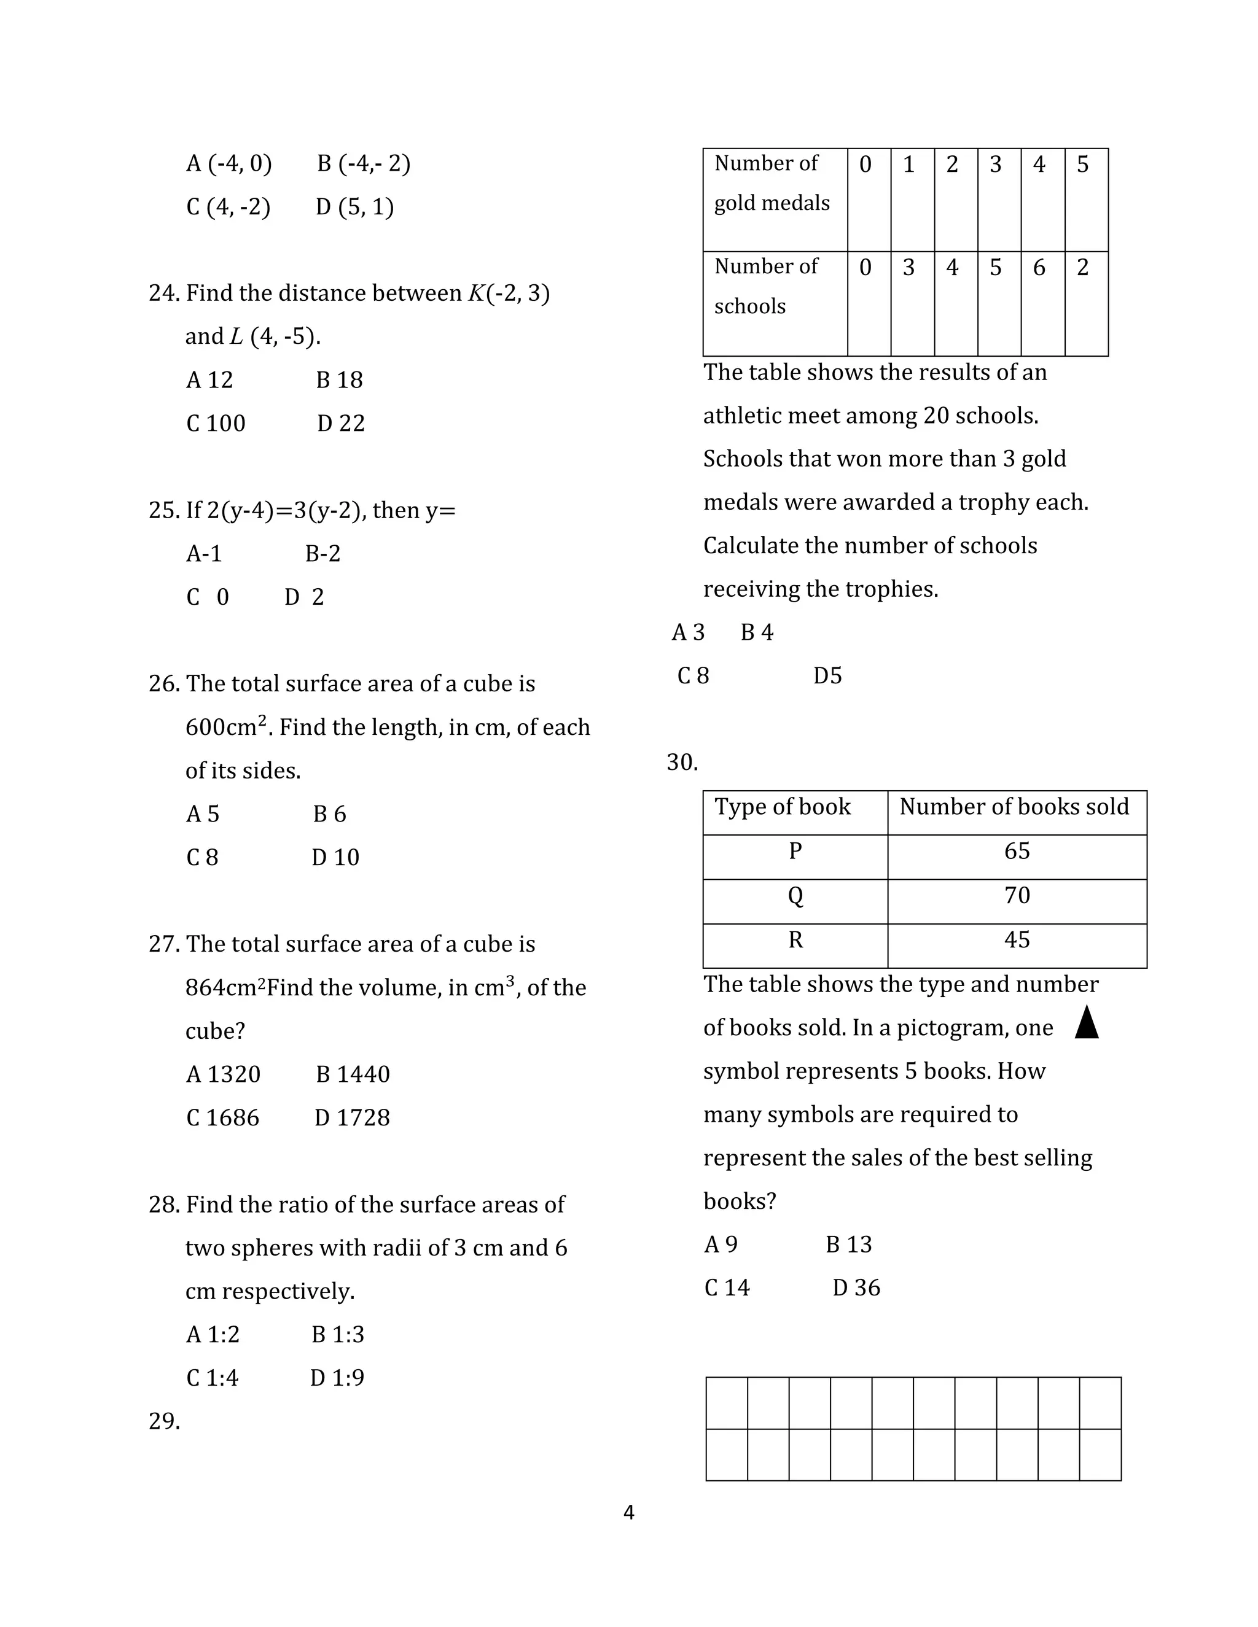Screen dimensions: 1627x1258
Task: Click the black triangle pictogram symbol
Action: (1087, 1022)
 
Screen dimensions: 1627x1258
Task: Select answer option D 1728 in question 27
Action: (352, 1117)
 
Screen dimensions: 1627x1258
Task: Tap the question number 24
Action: (163, 293)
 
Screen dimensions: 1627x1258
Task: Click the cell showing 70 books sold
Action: (1017, 895)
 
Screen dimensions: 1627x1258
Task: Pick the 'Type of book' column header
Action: (782, 807)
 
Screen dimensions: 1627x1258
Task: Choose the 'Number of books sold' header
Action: (1014, 807)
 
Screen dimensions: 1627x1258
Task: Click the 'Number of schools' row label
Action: (765, 286)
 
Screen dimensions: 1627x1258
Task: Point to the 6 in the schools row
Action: (1039, 268)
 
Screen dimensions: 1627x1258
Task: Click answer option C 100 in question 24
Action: (216, 423)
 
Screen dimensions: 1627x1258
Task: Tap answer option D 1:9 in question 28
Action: (337, 1378)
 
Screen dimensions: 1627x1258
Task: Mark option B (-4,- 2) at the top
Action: (364, 163)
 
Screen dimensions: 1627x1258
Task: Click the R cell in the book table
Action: (795, 940)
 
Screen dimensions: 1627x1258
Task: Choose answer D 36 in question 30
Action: (856, 1287)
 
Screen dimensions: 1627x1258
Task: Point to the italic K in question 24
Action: (475, 293)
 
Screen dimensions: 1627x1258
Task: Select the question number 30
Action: (681, 763)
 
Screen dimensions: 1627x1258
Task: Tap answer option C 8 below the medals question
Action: (693, 676)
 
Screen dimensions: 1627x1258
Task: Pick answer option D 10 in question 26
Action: (335, 858)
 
